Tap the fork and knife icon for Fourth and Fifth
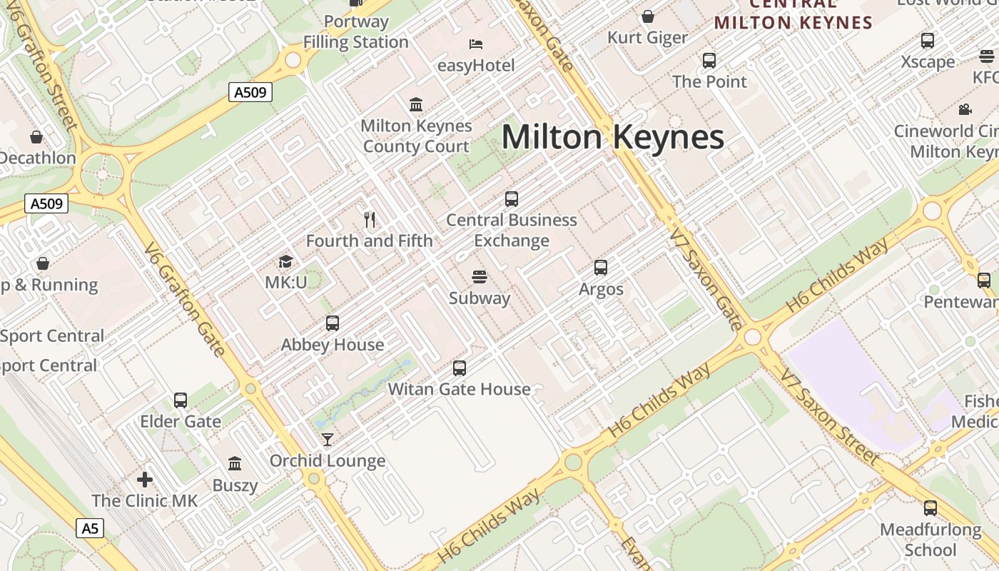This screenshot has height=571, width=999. click(370, 219)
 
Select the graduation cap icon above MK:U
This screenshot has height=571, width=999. click(286, 262)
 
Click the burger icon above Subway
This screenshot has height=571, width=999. click(480, 277)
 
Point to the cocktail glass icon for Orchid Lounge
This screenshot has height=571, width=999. click(328, 439)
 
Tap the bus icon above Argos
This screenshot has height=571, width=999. click(601, 268)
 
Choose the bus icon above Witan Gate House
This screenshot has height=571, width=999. click(460, 368)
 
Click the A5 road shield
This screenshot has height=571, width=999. click(90, 528)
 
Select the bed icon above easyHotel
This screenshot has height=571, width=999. click(476, 44)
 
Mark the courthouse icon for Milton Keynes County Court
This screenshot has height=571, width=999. click(416, 105)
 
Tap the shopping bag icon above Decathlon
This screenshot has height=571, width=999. click(36, 136)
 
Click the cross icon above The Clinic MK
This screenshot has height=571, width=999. click(145, 479)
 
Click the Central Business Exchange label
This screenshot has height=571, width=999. click(512, 230)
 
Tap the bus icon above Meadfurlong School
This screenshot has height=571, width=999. click(930, 508)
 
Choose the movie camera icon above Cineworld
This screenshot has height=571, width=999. click(965, 109)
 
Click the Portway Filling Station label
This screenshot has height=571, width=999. click(355, 31)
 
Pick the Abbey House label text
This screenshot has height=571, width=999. click(333, 345)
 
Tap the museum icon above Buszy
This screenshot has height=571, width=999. click(235, 464)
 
